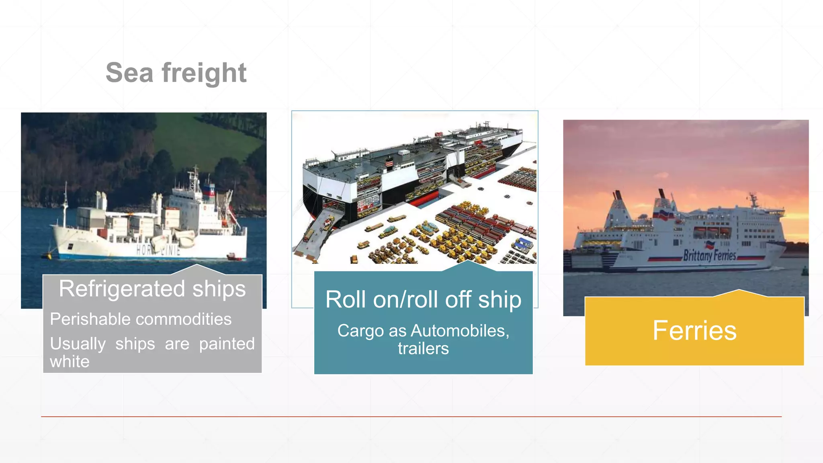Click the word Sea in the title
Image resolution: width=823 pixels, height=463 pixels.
[129, 73]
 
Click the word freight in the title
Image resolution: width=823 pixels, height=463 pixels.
[204, 73]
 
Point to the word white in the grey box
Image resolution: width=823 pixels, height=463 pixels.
[70, 362]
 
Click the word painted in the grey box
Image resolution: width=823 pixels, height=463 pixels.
[227, 344]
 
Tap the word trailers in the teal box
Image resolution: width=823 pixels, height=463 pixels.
[423, 348]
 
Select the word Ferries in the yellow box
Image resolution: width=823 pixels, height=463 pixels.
[694, 331]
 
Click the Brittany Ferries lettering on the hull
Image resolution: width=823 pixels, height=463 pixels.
[710, 255]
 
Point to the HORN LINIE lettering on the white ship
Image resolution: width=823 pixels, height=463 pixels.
[158, 250]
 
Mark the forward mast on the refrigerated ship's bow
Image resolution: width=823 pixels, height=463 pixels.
[66, 203]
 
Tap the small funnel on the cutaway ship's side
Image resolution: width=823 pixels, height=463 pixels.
[389, 162]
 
